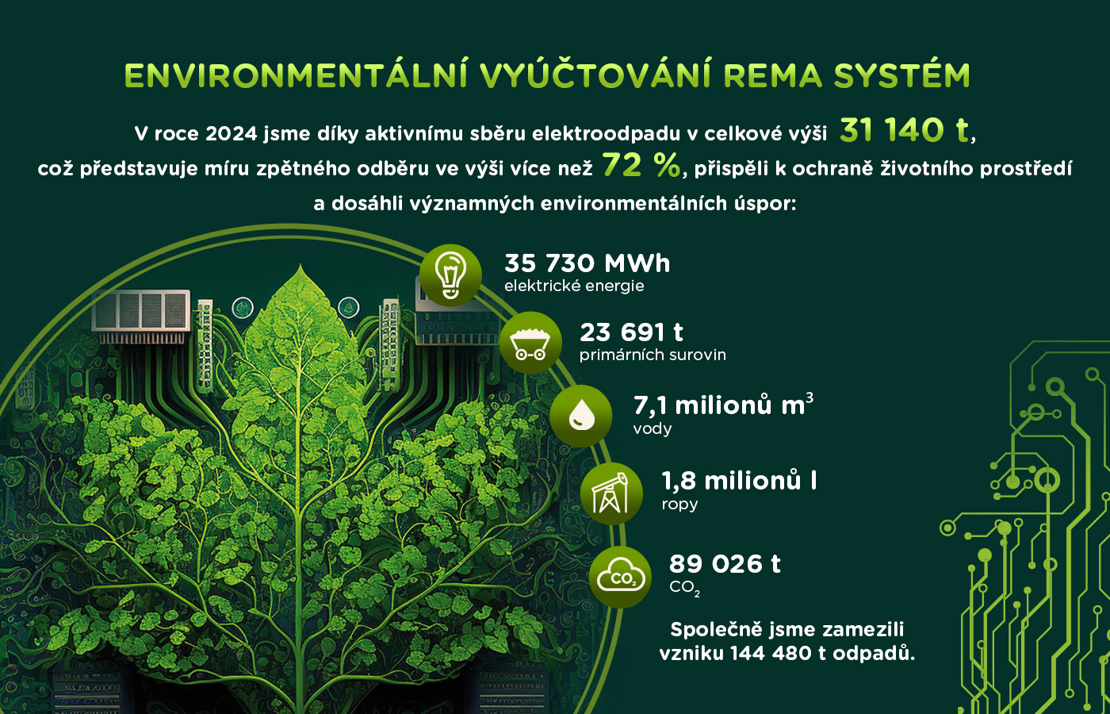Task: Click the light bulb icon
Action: coord(450,275)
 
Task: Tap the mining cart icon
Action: coord(530,343)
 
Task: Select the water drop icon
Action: coord(580,416)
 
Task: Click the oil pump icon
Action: coord(611,493)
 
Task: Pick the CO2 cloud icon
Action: coord(620,578)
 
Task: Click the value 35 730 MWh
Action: coord(588,263)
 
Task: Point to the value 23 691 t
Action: coord(631,332)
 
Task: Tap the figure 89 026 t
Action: coord(725,564)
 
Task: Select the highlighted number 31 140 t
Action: coord(905,130)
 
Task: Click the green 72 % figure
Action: coord(641,165)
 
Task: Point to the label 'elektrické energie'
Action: coord(574,286)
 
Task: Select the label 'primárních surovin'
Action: coord(653,355)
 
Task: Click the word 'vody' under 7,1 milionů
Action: coord(652,429)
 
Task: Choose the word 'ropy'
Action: coord(679,505)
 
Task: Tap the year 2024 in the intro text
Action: coord(231,134)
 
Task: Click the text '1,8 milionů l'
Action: coord(739,481)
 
